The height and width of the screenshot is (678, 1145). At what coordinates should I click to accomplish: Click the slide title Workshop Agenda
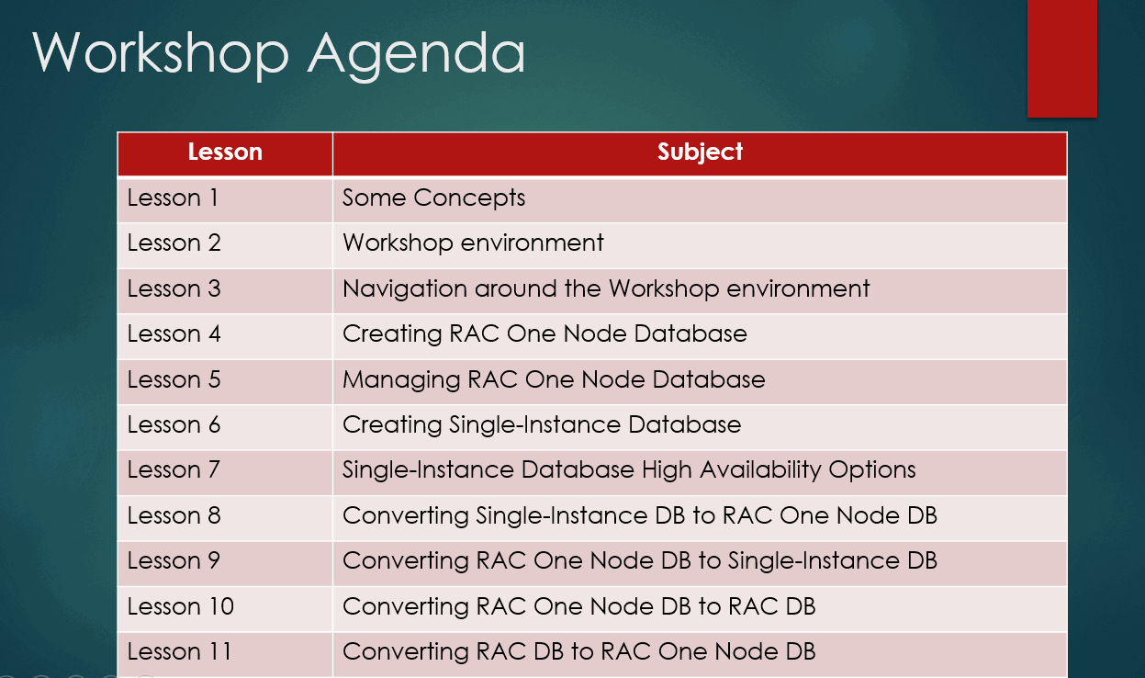click(279, 52)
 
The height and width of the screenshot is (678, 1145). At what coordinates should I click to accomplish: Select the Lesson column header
click(225, 153)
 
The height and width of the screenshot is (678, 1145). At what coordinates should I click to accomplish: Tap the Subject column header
click(700, 153)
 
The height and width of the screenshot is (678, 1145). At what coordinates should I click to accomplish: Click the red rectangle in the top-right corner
click(1061, 58)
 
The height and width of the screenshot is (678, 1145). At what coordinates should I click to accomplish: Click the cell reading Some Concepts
click(433, 198)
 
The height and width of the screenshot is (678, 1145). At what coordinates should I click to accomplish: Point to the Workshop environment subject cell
click(473, 243)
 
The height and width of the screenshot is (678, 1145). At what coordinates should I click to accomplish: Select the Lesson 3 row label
click(174, 288)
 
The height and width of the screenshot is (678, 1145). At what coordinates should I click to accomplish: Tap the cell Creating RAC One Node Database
click(544, 333)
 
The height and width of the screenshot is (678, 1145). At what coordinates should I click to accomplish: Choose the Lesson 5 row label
click(174, 379)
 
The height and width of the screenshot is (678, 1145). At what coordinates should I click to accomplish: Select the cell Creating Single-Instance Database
click(541, 424)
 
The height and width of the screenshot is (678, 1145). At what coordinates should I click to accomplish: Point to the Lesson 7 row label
click(174, 469)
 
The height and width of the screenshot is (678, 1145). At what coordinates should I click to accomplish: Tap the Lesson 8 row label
click(174, 515)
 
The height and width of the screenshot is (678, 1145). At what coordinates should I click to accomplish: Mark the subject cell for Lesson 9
click(639, 560)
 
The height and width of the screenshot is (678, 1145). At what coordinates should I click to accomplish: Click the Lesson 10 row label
click(180, 606)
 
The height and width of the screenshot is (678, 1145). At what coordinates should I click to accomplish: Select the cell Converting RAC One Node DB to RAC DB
click(578, 606)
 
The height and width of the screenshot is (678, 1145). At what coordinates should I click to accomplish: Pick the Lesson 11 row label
click(179, 651)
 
